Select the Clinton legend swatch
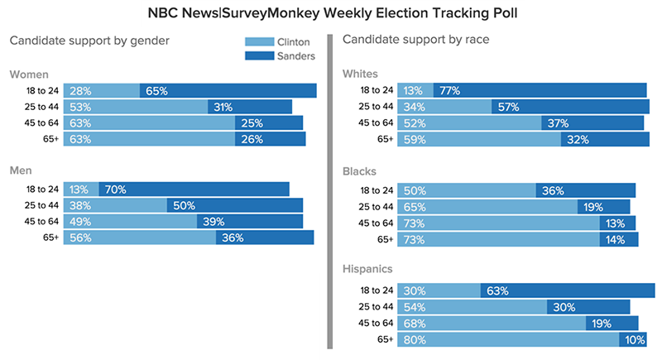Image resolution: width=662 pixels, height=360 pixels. pyautogui.click(x=264, y=42)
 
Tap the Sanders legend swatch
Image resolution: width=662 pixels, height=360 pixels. pyautogui.click(x=264, y=55)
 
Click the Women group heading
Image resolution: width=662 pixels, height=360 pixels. pyautogui.click(x=28, y=74)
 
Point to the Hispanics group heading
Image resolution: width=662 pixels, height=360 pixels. pyautogui.click(x=372, y=269)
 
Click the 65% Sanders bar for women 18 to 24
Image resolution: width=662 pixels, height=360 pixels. pyautogui.click(x=228, y=91)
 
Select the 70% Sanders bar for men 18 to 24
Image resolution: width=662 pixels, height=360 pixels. pyautogui.click(x=194, y=190)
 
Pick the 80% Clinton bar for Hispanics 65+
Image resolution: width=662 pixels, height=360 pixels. pyautogui.click(x=508, y=339)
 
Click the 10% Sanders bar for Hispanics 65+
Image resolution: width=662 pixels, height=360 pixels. pyautogui.click(x=633, y=339)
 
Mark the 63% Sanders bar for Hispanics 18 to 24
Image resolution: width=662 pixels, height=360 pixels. pyautogui.click(x=568, y=290)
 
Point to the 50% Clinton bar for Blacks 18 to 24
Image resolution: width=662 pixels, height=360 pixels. pyautogui.click(x=466, y=190)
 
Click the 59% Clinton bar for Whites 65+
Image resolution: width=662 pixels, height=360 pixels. pyautogui.click(x=479, y=140)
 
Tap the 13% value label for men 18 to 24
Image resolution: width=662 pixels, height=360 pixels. pyautogui.click(x=80, y=190)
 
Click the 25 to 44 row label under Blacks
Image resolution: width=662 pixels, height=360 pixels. pyautogui.click(x=374, y=206)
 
